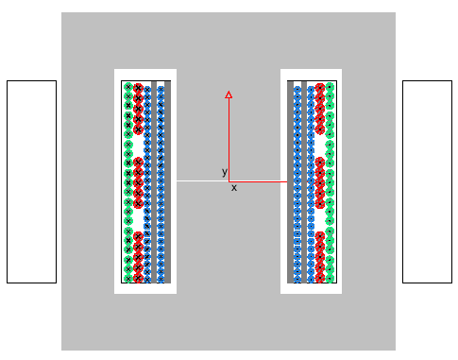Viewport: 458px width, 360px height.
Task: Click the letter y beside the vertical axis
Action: coord(225,172)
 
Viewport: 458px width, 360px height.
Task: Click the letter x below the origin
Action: coord(234,188)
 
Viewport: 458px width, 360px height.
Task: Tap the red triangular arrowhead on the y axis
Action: coord(229,94)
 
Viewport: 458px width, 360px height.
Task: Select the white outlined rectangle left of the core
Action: coord(31,181)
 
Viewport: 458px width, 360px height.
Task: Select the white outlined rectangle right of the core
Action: coord(427,181)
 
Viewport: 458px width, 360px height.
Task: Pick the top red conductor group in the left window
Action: coord(138,109)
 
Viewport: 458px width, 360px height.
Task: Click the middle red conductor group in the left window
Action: coord(138,182)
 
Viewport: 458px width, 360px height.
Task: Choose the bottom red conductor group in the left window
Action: coord(138,257)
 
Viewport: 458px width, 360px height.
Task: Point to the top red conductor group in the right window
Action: coord(320,109)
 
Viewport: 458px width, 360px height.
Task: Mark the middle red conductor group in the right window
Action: coord(320,182)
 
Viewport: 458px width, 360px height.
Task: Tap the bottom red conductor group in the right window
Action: coord(320,257)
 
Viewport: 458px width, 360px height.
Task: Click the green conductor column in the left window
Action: coord(128,182)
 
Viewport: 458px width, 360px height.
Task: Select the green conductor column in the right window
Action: coord(330,182)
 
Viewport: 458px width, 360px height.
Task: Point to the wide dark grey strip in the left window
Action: coord(168,182)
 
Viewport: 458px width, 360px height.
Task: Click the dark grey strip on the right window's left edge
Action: coord(290,182)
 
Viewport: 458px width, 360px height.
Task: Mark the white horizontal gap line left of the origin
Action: coord(202,181)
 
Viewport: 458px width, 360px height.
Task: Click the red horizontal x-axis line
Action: coord(258,181)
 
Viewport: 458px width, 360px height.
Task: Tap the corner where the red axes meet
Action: coord(229,181)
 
